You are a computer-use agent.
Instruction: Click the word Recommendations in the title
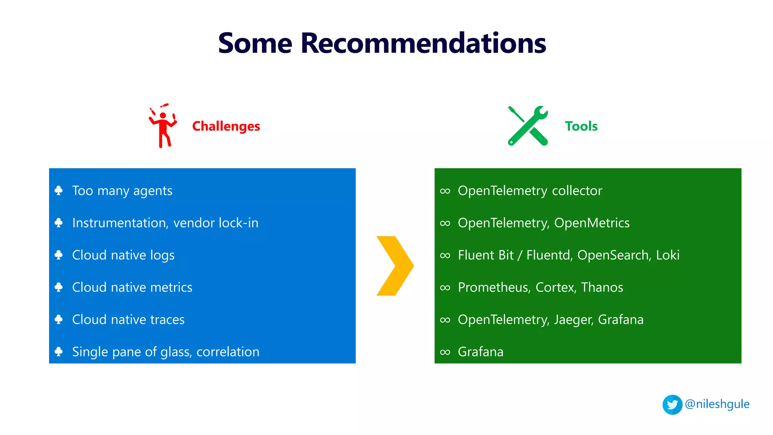423,43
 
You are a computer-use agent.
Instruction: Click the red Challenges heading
226,126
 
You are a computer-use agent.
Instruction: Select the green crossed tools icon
527,126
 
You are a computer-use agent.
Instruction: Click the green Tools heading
581,126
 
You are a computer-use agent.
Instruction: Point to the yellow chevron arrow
395,266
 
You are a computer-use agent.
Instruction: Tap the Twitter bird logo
672,405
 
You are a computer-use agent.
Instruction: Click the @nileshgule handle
717,404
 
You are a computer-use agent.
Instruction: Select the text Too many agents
122,191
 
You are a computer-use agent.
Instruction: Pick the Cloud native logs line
123,255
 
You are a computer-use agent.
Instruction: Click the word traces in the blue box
167,320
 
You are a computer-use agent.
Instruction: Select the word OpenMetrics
591,223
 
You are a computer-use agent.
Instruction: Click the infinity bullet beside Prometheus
445,288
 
